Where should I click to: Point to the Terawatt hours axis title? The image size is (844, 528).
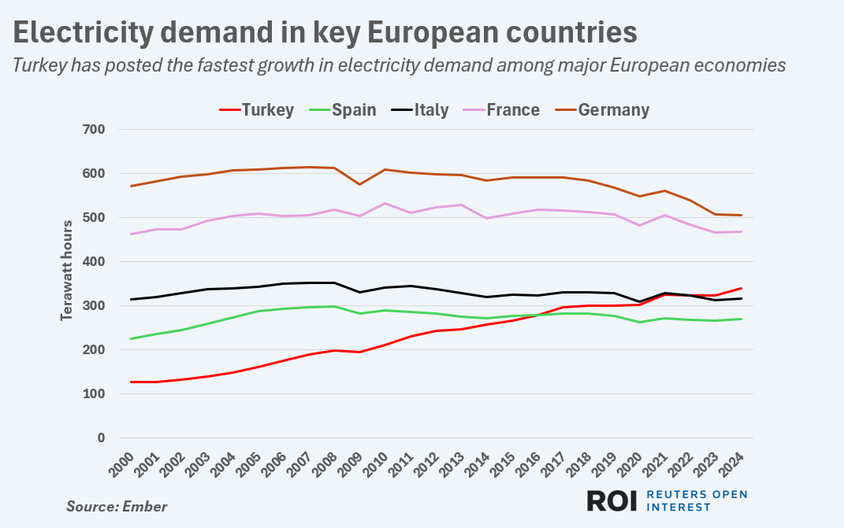click(x=66, y=270)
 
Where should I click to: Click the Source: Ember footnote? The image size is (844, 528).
click(x=117, y=506)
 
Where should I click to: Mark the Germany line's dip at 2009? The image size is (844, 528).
click(x=360, y=184)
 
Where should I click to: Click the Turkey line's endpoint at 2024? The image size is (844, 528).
click(x=742, y=288)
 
